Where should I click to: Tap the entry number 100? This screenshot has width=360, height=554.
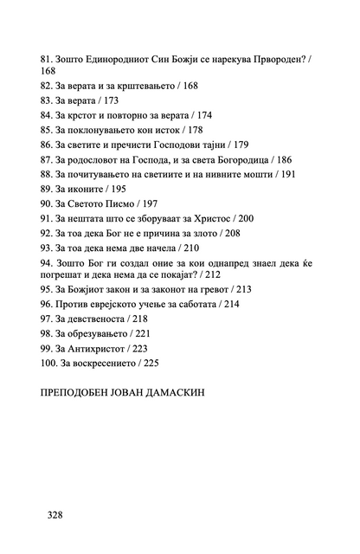(49, 362)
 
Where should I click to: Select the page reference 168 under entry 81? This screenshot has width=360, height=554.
(49, 71)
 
